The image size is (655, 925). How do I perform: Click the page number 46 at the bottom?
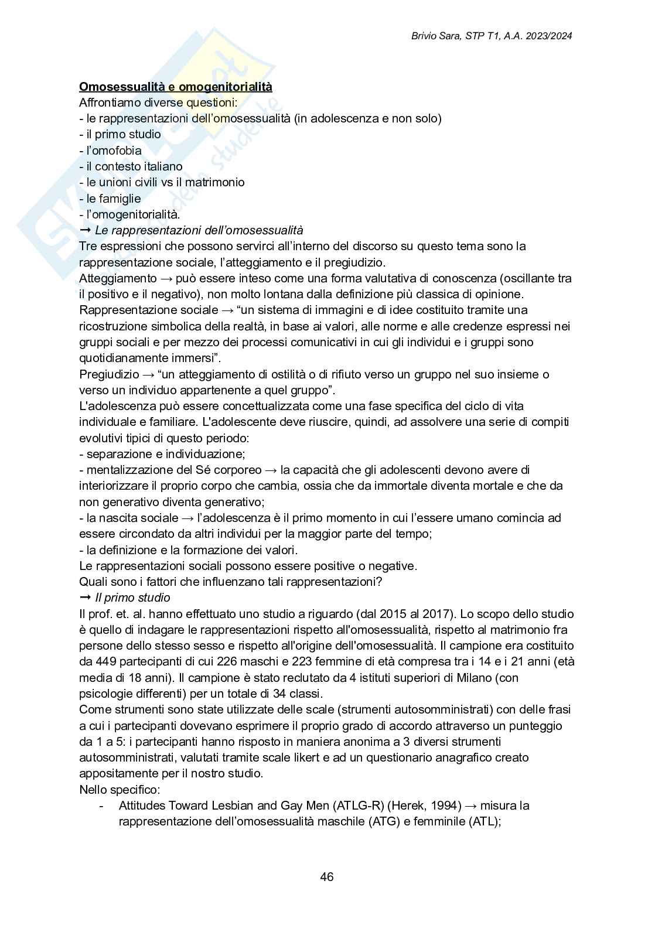[327, 877]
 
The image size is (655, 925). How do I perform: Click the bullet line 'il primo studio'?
[123, 134]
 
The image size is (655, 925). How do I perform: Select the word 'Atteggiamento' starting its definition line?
[118, 278]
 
